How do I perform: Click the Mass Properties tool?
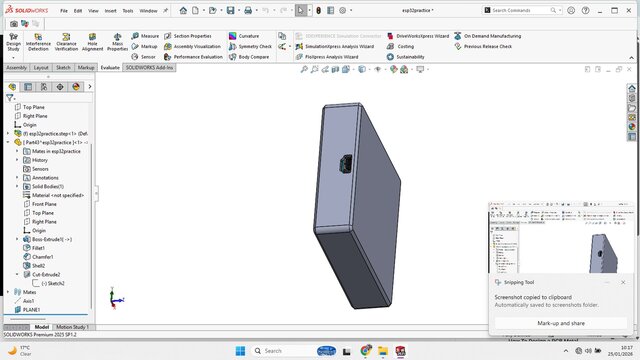click(x=118, y=44)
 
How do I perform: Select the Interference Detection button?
click(x=38, y=44)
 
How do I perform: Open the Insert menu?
click(x=109, y=10)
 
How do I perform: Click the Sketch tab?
click(x=63, y=68)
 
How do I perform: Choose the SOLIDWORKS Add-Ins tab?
click(x=149, y=68)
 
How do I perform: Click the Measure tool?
click(x=150, y=35)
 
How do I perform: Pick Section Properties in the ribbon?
click(x=192, y=35)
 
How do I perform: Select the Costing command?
click(x=405, y=46)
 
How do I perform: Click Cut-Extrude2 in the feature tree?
click(x=46, y=274)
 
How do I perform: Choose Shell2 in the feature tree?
click(x=40, y=265)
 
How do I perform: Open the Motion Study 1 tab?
click(x=73, y=327)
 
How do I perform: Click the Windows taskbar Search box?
click(x=285, y=351)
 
